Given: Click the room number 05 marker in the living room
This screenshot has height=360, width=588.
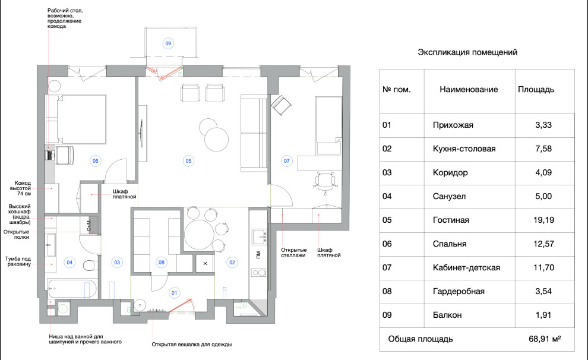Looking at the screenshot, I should [x=188, y=160].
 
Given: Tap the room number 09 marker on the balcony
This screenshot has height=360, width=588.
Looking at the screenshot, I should [x=168, y=43].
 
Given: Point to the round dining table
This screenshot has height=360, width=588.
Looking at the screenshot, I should [x=198, y=230].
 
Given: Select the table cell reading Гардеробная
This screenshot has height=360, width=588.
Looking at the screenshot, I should [x=459, y=291].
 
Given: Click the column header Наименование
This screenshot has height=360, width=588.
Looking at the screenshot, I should [x=469, y=90].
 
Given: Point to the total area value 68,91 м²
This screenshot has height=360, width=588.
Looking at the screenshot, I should [x=544, y=339].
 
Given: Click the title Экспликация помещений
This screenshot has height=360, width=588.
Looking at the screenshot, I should [x=467, y=52].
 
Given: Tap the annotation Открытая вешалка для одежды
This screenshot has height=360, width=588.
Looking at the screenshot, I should [x=191, y=345].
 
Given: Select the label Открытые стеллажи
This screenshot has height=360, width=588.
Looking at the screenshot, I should [x=293, y=252].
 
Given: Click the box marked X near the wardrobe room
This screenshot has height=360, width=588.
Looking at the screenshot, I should [x=205, y=263].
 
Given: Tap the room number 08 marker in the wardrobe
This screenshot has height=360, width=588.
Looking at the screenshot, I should [x=161, y=261].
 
